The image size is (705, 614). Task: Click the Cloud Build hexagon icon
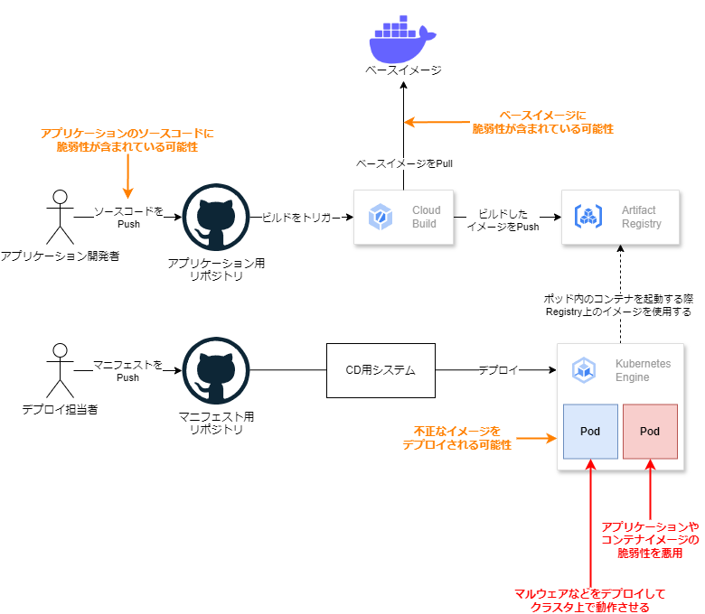pyautogui.click(x=378, y=217)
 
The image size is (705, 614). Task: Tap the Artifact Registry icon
pyautogui.click(x=589, y=217)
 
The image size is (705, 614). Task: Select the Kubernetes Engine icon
pyautogui.click(x=584, y=369)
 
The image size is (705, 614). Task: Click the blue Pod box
pyautogui.click(x=590, y=431)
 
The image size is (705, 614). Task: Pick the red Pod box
pyautogui.click(x=650, y=431)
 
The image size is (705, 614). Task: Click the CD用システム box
pyautogui.click(x=381, y=369)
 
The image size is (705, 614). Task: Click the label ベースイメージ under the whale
pyautogui.click(x=403, y=70)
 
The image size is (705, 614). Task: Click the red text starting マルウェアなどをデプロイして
pyautogui.click(x=590, y=600)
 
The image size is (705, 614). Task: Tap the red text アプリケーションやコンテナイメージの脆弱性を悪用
pyautogui.click(x=650, y=539)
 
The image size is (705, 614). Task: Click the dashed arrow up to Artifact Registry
pyautogui.click(x=621, y=271)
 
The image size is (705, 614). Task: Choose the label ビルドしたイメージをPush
pyautogui.click(x=503, y=219)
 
